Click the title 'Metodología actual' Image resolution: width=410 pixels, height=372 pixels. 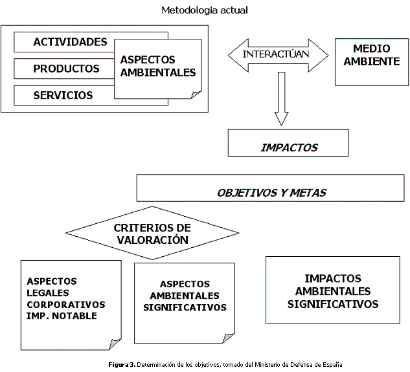pyautogui.click(x=205, y=10)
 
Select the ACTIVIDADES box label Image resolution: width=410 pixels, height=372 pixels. pyautogui.click(x=70, y=42)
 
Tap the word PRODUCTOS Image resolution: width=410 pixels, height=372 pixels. pyautogui.click(x=66, y=69)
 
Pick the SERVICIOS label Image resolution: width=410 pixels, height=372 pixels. pyautogui.click(x=63, y=95)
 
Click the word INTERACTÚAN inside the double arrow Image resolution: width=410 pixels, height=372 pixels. pyautogui.click(x=275, y=54)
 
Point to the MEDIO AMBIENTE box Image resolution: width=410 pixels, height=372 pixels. pyautogui.click(x=372, y=62)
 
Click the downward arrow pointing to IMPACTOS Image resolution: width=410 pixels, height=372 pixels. pyautogui.click(x=281, y=99)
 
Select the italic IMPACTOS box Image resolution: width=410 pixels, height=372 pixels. pyautogui.click(x=288, y=143)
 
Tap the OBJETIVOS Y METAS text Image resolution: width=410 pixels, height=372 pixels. pyautogui.click(x=271, y=193)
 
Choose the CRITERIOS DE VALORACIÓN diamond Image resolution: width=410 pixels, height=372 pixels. pyautogui.click(x=152, y=233)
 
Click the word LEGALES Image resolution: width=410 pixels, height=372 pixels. pyautogui.click(x=48, y=293)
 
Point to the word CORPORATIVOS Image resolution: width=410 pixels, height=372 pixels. pyautogui.click(x=66, y=304)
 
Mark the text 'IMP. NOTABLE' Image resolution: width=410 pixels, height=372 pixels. pyautogui.click(x=62, y=316)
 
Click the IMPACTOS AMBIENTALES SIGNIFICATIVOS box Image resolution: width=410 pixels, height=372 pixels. pyautogui.click(x=333, y=290)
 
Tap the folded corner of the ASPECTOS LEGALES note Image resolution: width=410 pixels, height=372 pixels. pyautogui.click(x=115, y=344)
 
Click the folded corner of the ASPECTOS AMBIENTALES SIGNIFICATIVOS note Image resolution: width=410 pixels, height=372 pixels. pyautogui.click(x=229, y=338)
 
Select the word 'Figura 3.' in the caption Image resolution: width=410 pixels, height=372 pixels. pyautogui.click(x=122, y=364)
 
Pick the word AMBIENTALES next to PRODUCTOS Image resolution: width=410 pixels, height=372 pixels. pyautogui.click(x=158, y=72)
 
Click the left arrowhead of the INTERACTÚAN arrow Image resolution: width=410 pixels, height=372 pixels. pyautogui.click(x=238, y=56)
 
